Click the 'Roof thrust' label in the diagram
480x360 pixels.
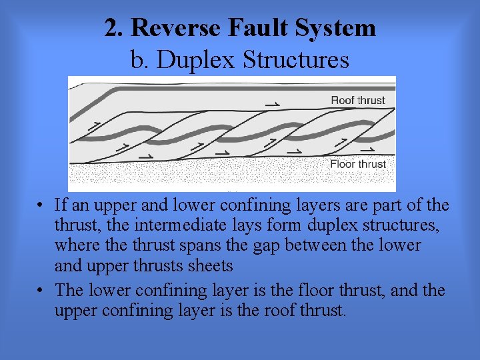tap(358, 101)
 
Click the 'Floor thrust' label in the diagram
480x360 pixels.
tap(358, 164)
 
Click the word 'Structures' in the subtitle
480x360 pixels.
tap(296, 60)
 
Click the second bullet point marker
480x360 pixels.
tap(41, 291)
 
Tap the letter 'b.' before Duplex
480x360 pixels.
tap(139, 60)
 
